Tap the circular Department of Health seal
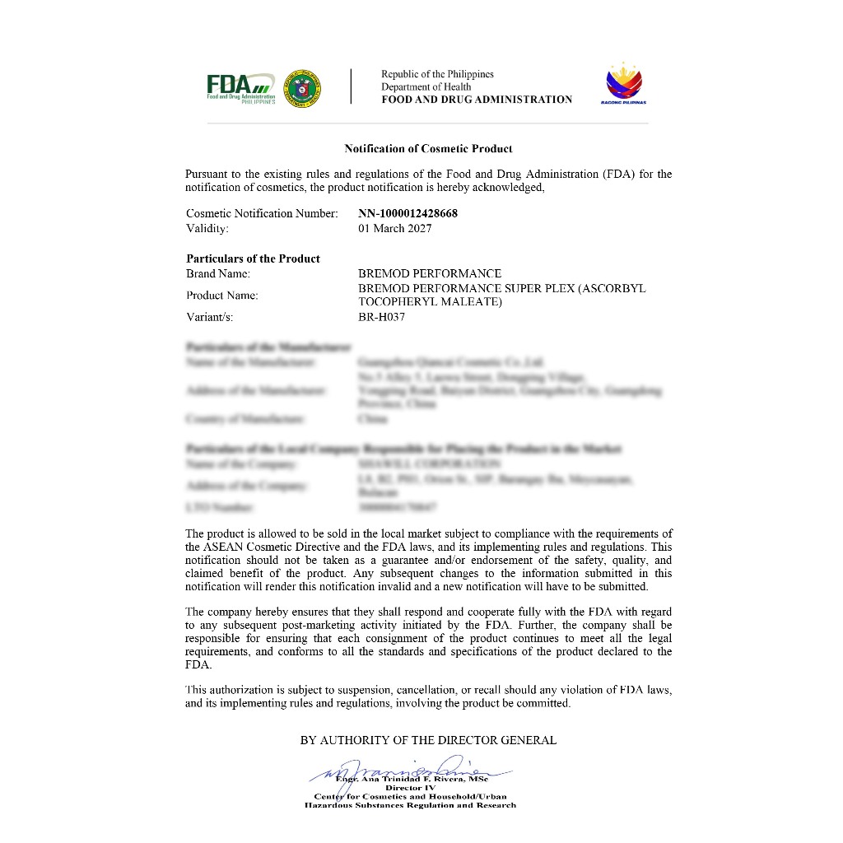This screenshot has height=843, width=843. tap(302, 87)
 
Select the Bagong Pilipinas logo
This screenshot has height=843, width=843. tap(626, 84)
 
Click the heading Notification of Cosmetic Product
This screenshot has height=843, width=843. tap(428, 149)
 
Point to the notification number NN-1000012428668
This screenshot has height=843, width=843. tap(408, 213)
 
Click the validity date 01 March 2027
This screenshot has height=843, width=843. tap(394, 228)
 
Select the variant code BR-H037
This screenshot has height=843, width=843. tap(381, 317)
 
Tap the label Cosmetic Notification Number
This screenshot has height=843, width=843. tap(262, 213)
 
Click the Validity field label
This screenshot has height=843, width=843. tap(207, 228)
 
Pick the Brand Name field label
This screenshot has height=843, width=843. tap(218, 273)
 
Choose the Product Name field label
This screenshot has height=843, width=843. tap(221, 295)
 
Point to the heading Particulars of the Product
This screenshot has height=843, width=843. tap(253, 258)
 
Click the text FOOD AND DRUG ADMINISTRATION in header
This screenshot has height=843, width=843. tap(477, 100)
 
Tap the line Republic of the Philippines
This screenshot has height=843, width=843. tap(437, 74)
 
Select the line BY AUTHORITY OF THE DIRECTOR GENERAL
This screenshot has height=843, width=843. tap(428, 740)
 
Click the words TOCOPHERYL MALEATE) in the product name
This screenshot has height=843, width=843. tap(430, 302)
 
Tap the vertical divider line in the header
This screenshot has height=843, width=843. tap(352, 86)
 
